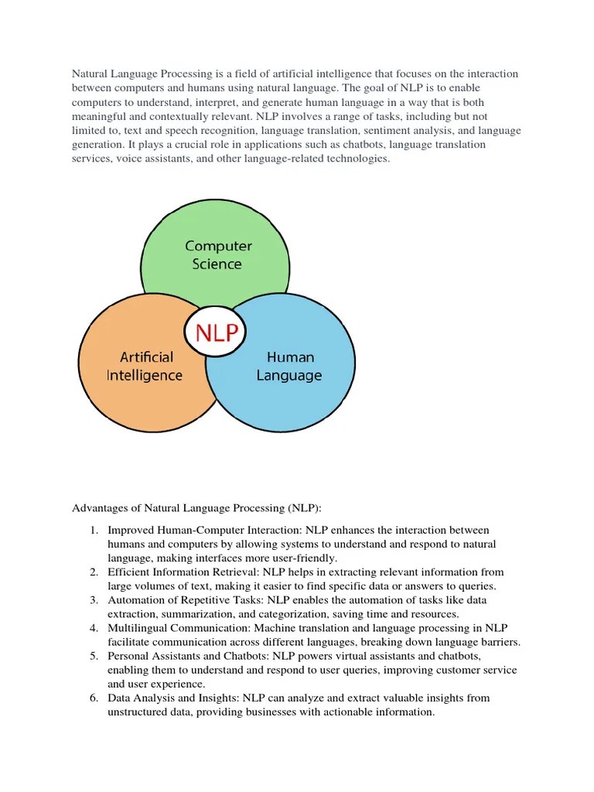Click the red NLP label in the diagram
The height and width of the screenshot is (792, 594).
point(214,333)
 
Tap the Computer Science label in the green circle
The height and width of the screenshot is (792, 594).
point(218,254)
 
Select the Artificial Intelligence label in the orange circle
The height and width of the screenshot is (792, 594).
point(145,367)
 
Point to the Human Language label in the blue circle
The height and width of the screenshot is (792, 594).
point(290,367)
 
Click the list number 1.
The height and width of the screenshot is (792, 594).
point(92,530)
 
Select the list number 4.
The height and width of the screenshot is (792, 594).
point(92,628)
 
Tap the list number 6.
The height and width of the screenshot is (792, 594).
point(92,698)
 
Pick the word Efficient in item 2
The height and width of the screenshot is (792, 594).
point(128,572)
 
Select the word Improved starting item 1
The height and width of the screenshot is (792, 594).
point(131,530)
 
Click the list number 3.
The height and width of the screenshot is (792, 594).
point(92,600)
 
